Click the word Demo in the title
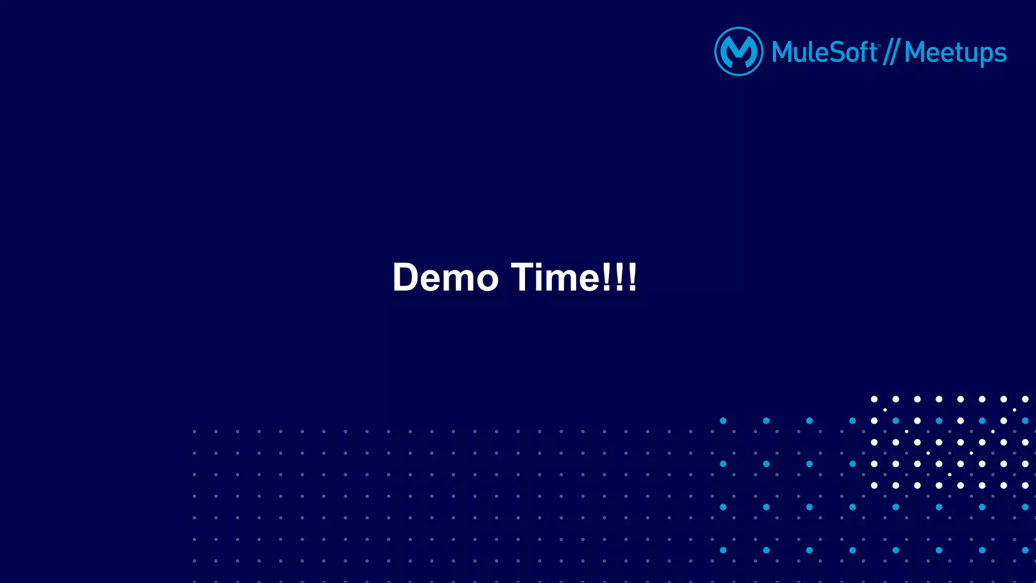point(445,278)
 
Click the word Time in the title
point(554,278)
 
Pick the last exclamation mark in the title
point(632,278)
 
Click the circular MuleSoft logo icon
point(739,52)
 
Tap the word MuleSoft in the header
point(825,53)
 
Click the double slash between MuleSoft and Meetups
point(891,53)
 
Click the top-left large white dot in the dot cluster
point(874,399)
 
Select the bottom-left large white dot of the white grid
point(874,485)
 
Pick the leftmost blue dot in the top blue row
point(723,421)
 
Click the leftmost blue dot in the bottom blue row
point(723,550)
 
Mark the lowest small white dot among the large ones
point(949,475)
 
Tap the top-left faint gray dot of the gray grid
point(194,432)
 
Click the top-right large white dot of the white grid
point(1025,399)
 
